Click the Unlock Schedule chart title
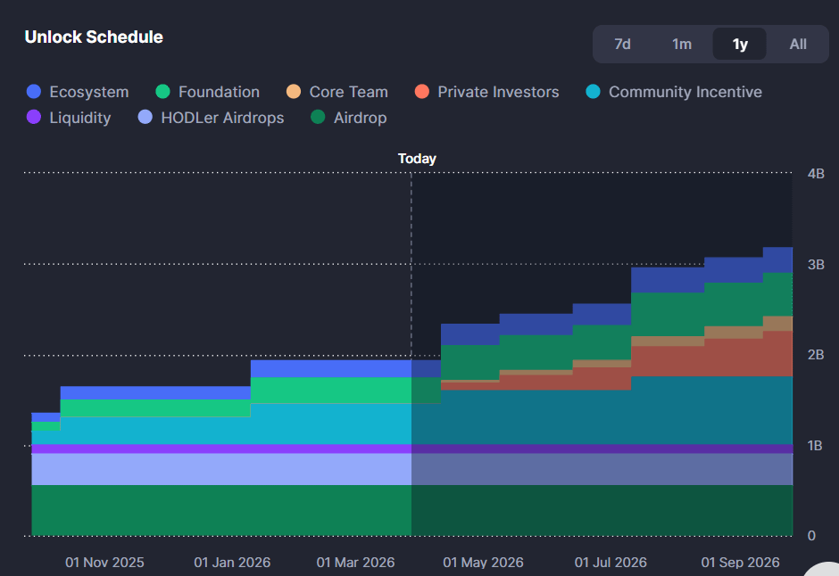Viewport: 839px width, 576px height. pos(94,37)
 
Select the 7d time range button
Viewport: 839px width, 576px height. pos(623,44)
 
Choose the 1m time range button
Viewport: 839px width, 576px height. pos(682,44)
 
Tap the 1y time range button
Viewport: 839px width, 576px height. pos(740,44)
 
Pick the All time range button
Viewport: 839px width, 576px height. pos(798,44)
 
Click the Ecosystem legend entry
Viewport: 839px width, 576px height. pos(88,92)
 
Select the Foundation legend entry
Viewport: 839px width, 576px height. pos(219,92)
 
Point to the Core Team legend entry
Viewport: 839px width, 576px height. pos(348,92)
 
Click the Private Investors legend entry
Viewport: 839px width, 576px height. pos(498,92)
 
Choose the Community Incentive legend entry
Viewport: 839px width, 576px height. pos(685,92)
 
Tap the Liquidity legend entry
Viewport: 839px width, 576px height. pos(80,118)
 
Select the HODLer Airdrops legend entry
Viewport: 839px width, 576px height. pos(222,118)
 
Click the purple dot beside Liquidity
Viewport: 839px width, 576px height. pos(35,118)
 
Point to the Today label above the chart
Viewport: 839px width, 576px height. pos(417,159)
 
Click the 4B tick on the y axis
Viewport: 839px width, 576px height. pos(816,173)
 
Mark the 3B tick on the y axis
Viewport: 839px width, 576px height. pos(816,264)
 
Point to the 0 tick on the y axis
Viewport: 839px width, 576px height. pos(810,536)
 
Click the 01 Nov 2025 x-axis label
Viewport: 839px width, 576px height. pos(104,563)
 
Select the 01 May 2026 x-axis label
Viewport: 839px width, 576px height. pos(483,563)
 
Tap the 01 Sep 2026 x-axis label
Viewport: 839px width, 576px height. pos(740,563)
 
